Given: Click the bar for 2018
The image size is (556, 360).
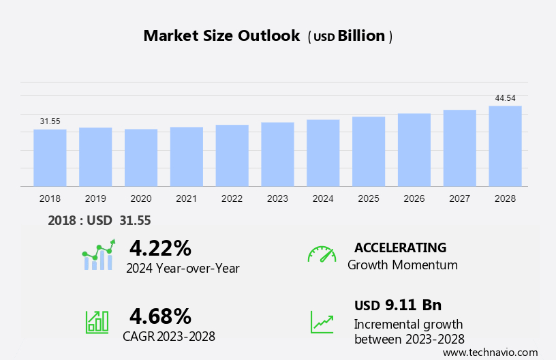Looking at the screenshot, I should [50, 157].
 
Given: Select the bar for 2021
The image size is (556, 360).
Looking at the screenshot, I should [186, 156].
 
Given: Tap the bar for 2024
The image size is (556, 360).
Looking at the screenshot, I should [323, 153].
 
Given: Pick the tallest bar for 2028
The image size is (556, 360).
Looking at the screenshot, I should [505, 146].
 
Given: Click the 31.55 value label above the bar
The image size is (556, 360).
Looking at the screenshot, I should [50, 121].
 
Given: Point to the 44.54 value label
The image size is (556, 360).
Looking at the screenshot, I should [505, 98].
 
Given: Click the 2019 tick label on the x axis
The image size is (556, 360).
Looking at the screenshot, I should [95, 198].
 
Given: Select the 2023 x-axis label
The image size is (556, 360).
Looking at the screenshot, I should [277, 198].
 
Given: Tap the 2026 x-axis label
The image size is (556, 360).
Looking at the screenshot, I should [414, 198].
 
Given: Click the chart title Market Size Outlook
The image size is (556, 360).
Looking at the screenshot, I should [221, 36].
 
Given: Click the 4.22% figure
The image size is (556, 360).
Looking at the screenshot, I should [160, 247].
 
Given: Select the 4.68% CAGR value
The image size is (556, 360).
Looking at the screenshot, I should [160, 316].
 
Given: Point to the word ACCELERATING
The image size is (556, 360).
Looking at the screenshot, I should [401, 247].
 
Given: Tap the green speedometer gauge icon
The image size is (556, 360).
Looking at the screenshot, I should [322, 254].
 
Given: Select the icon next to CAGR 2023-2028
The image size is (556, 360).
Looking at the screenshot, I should [97, 322].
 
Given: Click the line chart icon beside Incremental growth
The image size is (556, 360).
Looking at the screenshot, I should [322, 322].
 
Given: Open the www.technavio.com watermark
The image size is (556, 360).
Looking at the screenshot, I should [490, 352].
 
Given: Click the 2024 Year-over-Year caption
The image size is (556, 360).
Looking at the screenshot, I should [183, 269].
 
